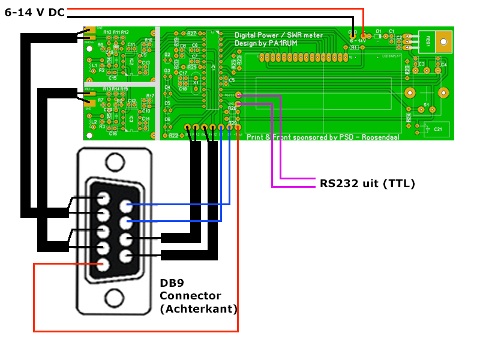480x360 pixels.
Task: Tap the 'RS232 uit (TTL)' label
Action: (367, 182)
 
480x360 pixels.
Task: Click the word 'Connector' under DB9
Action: (190, 296)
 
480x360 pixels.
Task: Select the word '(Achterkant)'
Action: (199, 309)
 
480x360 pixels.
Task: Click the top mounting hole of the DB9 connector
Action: (114, 162)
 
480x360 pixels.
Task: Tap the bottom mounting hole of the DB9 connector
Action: (114, 298)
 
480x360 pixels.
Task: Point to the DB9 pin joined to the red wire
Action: (103, 263)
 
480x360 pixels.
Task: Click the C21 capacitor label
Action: (438, 129)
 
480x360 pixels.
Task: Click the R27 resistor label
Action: (191, 34)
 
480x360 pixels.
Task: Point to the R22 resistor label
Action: (173, 136)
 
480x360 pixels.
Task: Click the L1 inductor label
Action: (94, 65)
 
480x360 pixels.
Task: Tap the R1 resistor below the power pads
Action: (354, 47)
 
